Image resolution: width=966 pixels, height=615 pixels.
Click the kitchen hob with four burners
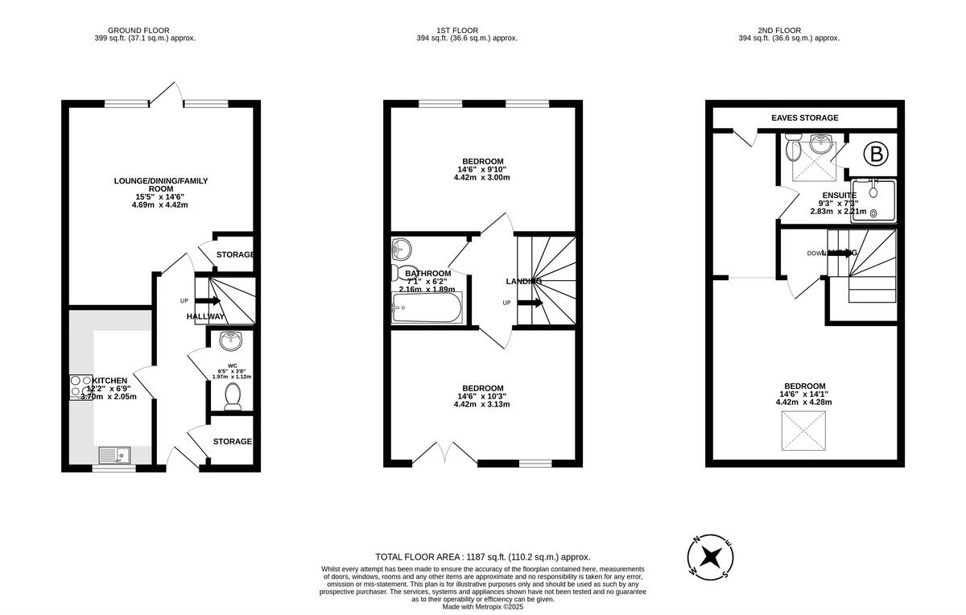pos(80,386)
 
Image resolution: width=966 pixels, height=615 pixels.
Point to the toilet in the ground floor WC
pos(233,397)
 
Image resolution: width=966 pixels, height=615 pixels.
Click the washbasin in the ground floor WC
pos(231,341)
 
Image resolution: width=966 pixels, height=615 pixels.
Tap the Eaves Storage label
pos(804,118)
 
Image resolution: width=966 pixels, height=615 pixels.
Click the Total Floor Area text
pos(483,557)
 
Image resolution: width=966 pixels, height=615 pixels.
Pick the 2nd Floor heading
pos(788,30)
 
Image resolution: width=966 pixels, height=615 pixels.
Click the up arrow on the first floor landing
pos(530,303)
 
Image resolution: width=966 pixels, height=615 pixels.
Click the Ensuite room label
pos(838,195)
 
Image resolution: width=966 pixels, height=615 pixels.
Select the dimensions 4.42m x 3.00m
pos(482,177)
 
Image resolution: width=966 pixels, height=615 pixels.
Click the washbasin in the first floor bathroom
pos(400,247)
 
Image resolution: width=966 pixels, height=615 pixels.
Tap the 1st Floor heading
pos(466,30)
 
